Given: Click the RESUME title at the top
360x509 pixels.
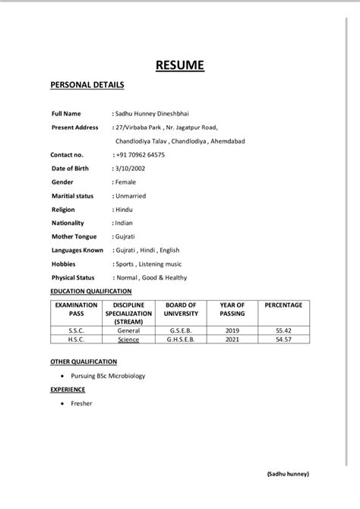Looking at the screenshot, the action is pos(179,65).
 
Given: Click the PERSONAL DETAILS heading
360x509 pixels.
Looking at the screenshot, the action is pos(87,85).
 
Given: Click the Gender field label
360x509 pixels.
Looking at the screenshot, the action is pos(63,182).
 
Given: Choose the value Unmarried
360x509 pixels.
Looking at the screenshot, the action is pos(130,195).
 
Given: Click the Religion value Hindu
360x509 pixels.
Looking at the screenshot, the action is pos(124,209).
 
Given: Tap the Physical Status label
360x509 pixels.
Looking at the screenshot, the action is pos(73,277).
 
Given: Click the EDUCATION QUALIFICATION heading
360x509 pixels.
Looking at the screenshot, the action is pos(90,291).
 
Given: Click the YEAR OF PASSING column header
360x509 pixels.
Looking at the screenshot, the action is pos(232,309).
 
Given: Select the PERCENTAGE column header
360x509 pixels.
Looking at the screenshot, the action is pos(283,305).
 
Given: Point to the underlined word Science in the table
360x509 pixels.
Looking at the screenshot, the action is pos(128,340).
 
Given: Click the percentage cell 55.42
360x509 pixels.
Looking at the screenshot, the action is pos(283,331).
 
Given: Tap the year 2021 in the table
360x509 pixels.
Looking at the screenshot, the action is pos(232,340).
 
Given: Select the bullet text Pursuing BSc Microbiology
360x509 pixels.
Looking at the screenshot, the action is pos(107,375).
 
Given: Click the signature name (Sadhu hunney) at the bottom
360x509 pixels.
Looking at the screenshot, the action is pos(288,473).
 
